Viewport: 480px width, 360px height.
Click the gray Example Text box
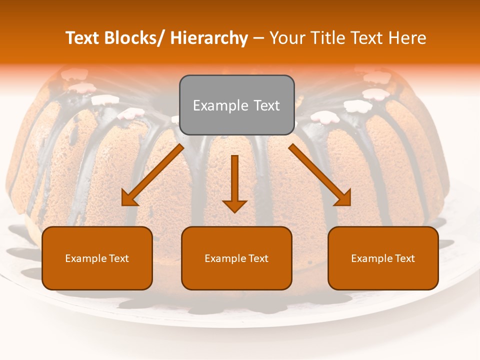[236, 105]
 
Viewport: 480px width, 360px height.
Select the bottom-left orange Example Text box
[97, 258]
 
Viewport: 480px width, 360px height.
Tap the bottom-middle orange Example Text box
[236, 258]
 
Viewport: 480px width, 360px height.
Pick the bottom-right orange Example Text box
[383, 258]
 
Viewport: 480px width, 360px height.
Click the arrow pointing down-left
[152, 175]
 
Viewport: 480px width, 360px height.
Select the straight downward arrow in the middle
[235, 182]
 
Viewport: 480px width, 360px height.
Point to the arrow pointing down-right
[320, 175]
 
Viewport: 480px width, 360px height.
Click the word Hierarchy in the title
[209, 38]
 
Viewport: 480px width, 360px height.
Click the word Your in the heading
[287, 38]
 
